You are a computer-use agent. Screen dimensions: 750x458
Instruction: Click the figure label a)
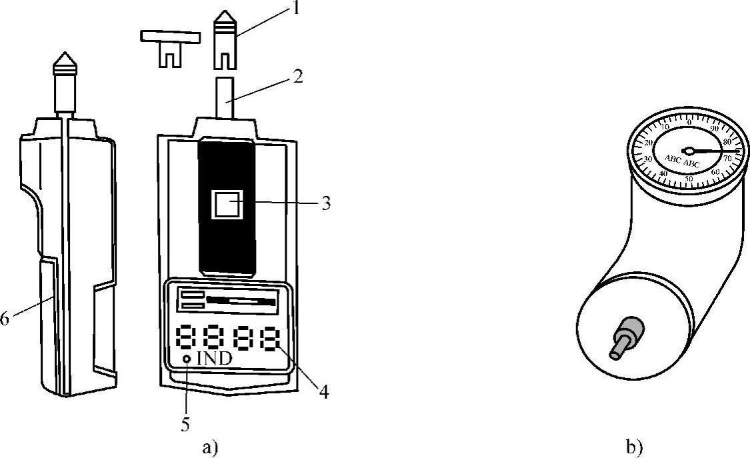click(209, 447)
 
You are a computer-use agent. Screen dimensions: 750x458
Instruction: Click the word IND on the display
click(214, 359)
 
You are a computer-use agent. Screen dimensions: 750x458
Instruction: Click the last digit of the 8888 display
click(269, 338)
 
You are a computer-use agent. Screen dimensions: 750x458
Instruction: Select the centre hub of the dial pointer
click(689, 151)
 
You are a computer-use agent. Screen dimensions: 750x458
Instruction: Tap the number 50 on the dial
click(689, 179)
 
